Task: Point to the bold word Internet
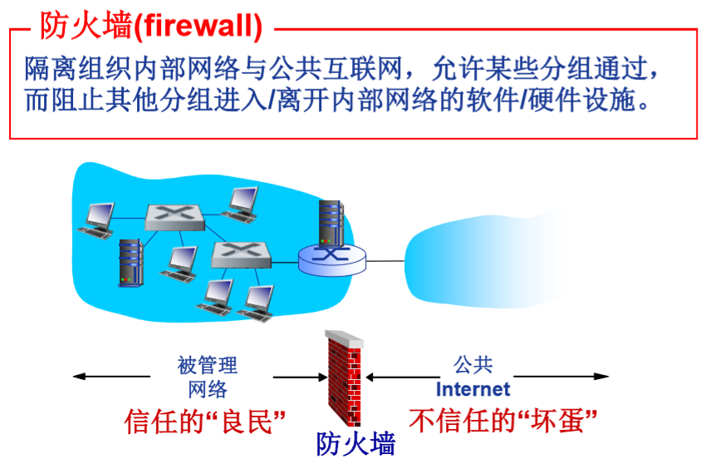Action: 473,388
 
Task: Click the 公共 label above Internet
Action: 473,365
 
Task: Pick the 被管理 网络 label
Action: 208,377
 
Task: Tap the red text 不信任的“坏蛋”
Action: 502,421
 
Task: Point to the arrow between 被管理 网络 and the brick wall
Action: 299,378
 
